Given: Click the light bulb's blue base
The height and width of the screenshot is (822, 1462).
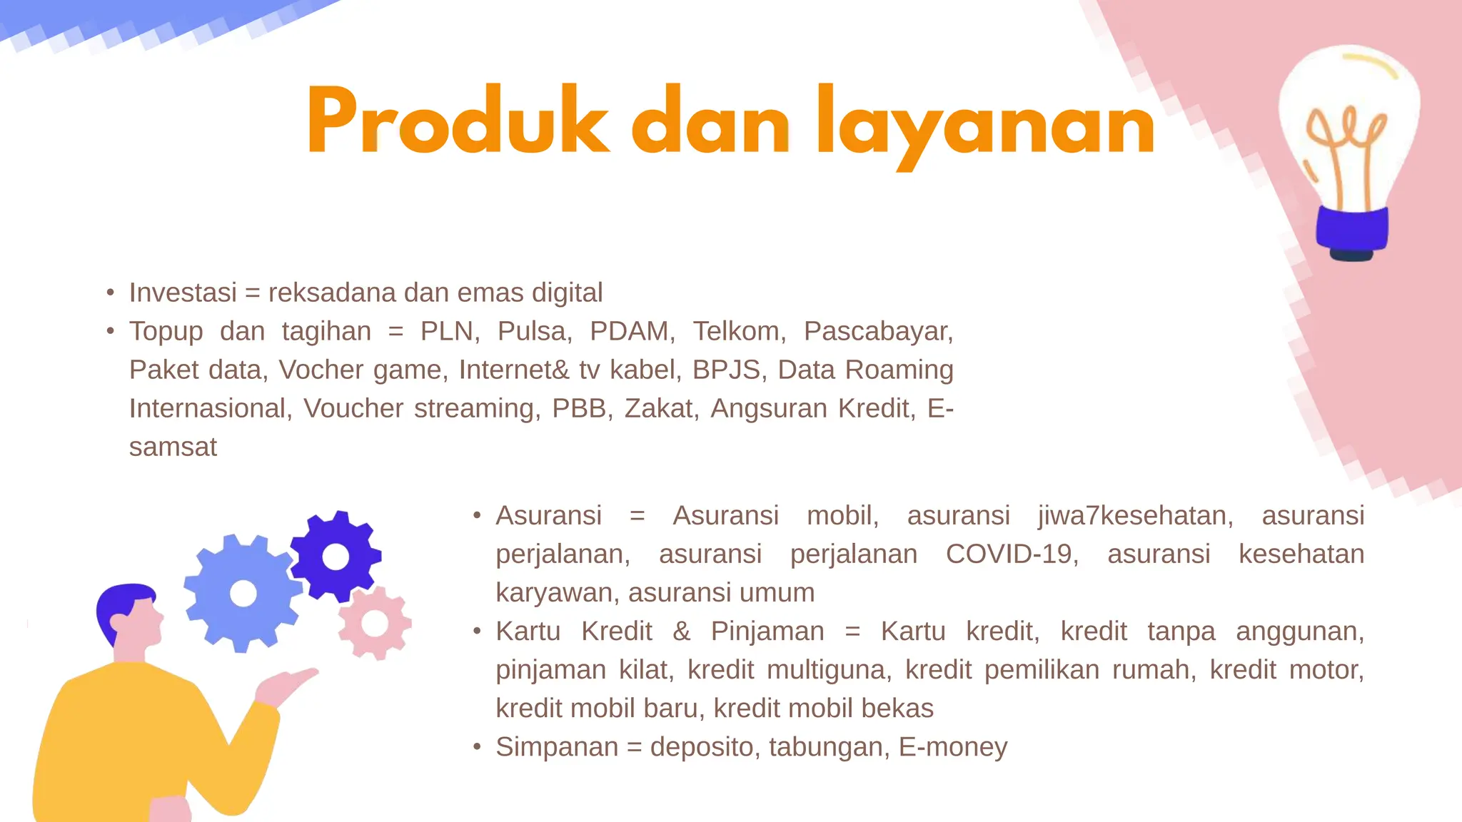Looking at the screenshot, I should click(1351, 228).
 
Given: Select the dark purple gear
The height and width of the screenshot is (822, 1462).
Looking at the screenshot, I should click(336, 557).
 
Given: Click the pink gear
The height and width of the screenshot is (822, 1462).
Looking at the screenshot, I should click(375, 623).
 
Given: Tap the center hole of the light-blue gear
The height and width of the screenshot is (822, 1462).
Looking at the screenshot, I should click(243, 593).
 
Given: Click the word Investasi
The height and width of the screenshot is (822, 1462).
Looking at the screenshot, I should click(183, 293).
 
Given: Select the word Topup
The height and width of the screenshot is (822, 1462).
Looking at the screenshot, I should click(166, 332).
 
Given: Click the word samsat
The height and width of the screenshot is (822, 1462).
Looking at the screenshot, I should click(173, 447).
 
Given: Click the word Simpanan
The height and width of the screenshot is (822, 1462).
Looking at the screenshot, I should click(557, 747).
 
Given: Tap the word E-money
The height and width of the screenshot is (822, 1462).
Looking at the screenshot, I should click(952, 747).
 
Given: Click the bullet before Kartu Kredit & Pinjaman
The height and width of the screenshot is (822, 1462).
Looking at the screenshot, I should click(477, 631).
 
